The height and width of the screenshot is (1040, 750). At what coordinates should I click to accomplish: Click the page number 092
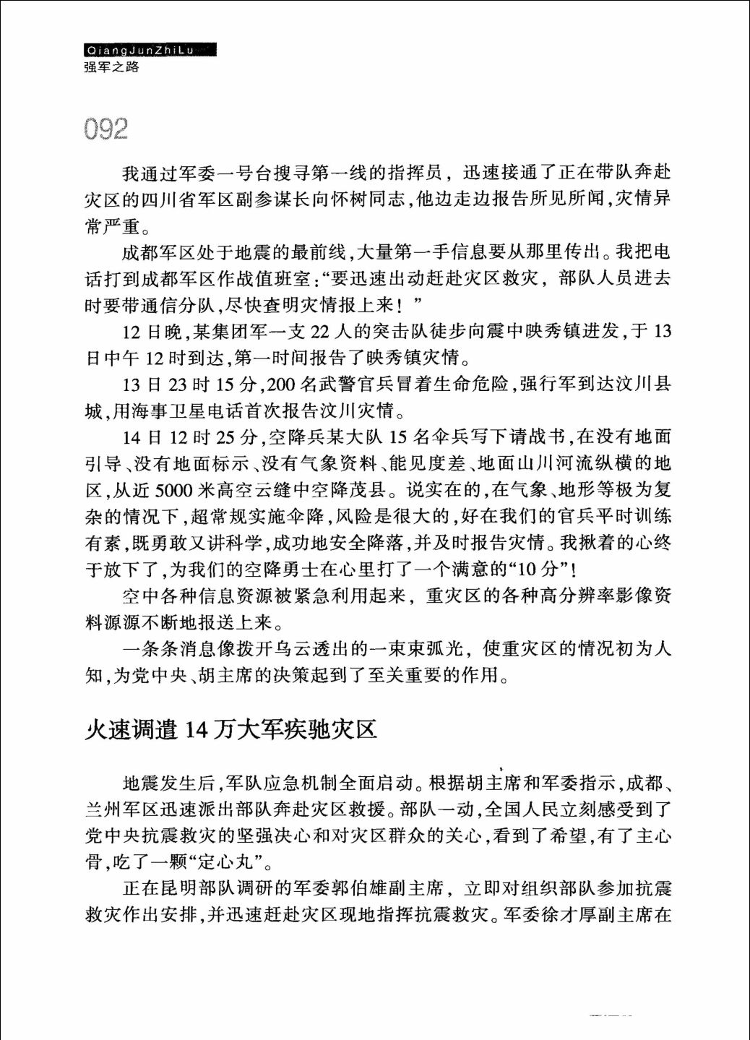coord(105,129)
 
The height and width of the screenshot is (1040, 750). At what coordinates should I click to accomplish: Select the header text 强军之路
coord(111,68)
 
